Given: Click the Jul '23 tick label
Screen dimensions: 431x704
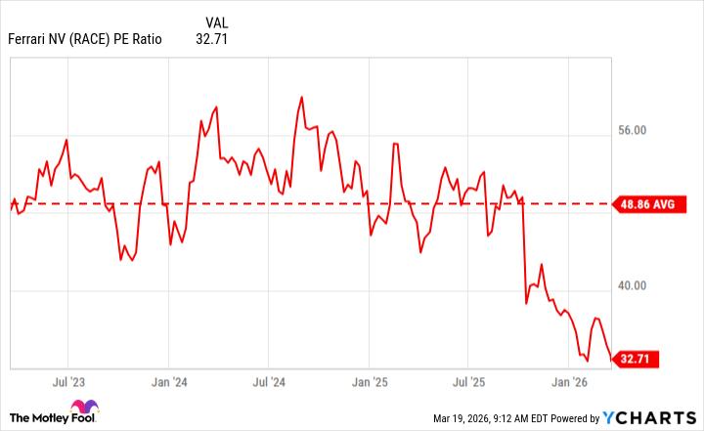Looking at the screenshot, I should pyautogui.click(x=67, y=380).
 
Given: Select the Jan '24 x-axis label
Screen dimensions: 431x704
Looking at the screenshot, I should pyautogui.click(x=170, y=380).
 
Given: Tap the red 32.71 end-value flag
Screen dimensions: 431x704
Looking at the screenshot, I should pyautogui.click(x=636, y=359).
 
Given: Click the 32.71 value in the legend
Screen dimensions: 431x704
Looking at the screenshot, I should pyautogui.click(x=211, y=40).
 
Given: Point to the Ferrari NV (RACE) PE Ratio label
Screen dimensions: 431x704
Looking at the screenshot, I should pyautogui.click(x=85, y=40).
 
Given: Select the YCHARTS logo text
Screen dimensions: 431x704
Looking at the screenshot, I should pyautogui.click(x=647, y=418).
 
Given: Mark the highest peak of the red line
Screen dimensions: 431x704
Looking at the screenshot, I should pyautogui.click(x=301, y=97).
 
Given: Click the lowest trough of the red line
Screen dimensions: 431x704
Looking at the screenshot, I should pyautogui.click(x=588, y=361).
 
